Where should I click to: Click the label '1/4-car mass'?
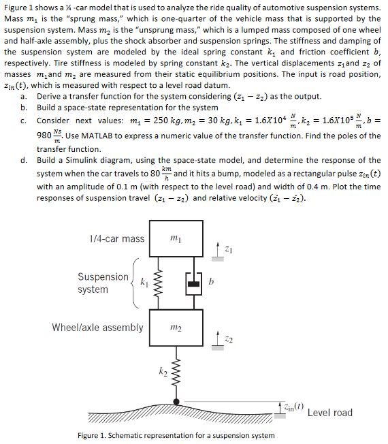tap(117, 238)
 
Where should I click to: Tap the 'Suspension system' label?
tap(102, 283)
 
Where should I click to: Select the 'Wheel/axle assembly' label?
tap(98, 328)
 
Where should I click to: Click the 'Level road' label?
tap(330, 412)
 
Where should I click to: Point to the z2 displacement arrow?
tap(216, 338)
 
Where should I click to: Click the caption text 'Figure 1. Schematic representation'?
tap(136, 435)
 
